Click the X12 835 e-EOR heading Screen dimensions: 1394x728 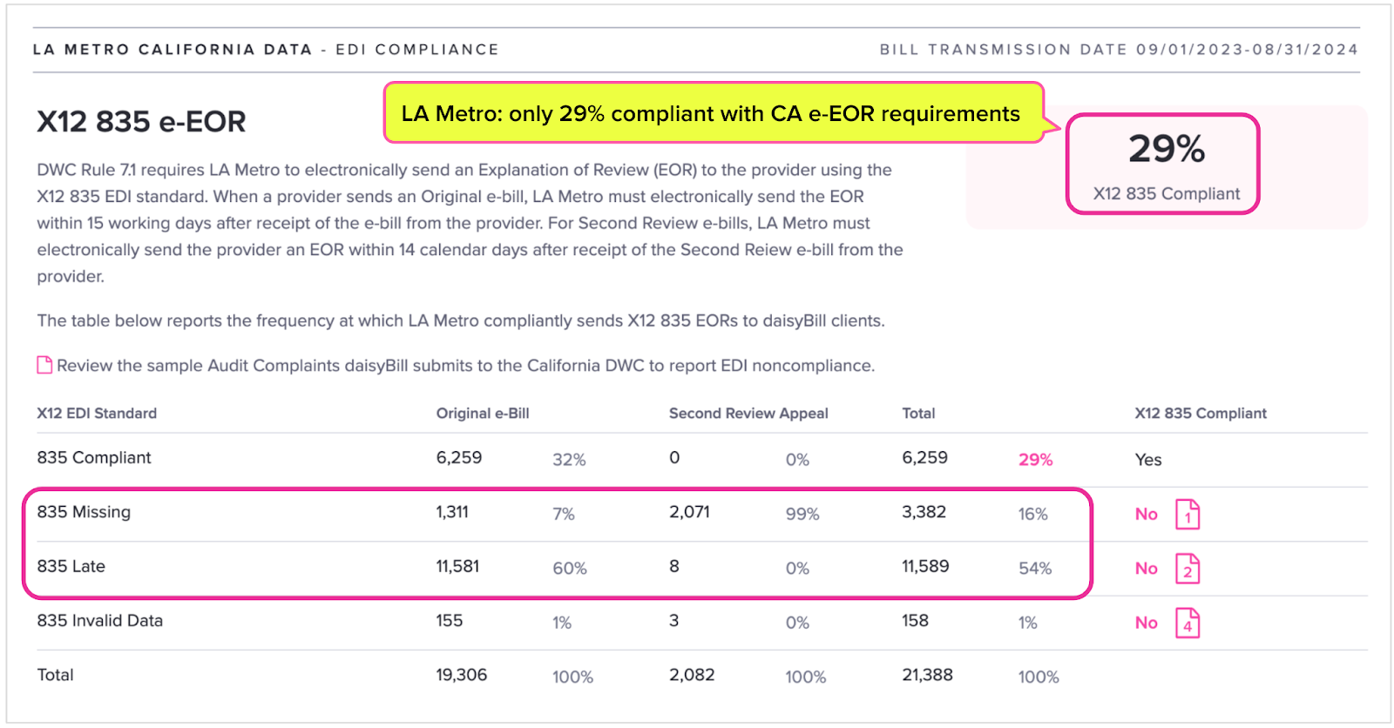[141, 121]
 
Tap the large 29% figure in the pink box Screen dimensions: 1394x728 [1167, 149]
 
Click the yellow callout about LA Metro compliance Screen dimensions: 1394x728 [714, 113]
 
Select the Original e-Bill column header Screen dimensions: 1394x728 [483, 413]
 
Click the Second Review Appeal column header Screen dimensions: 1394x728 [748, 413]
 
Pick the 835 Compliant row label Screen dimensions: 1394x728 [94, 457]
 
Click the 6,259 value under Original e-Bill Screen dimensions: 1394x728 [458, 457]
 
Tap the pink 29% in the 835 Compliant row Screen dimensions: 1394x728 [1036, 459]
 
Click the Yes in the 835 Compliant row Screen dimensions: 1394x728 [1148, 459]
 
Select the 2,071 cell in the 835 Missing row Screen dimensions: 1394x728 [689, 511]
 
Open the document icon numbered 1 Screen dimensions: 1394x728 [1188, 514]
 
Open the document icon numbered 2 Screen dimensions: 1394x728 [1188, 568]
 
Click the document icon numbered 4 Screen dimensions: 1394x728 [1188, 623]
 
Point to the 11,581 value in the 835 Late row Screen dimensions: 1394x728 [457, 566]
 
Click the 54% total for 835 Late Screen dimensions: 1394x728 [1035, 568]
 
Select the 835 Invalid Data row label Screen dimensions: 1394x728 [99, 620]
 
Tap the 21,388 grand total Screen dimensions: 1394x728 [927, 675]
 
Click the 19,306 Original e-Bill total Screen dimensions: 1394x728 [461, 675]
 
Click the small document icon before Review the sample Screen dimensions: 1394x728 [44, 365]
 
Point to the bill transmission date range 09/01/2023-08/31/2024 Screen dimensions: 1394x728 [1247, 50]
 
